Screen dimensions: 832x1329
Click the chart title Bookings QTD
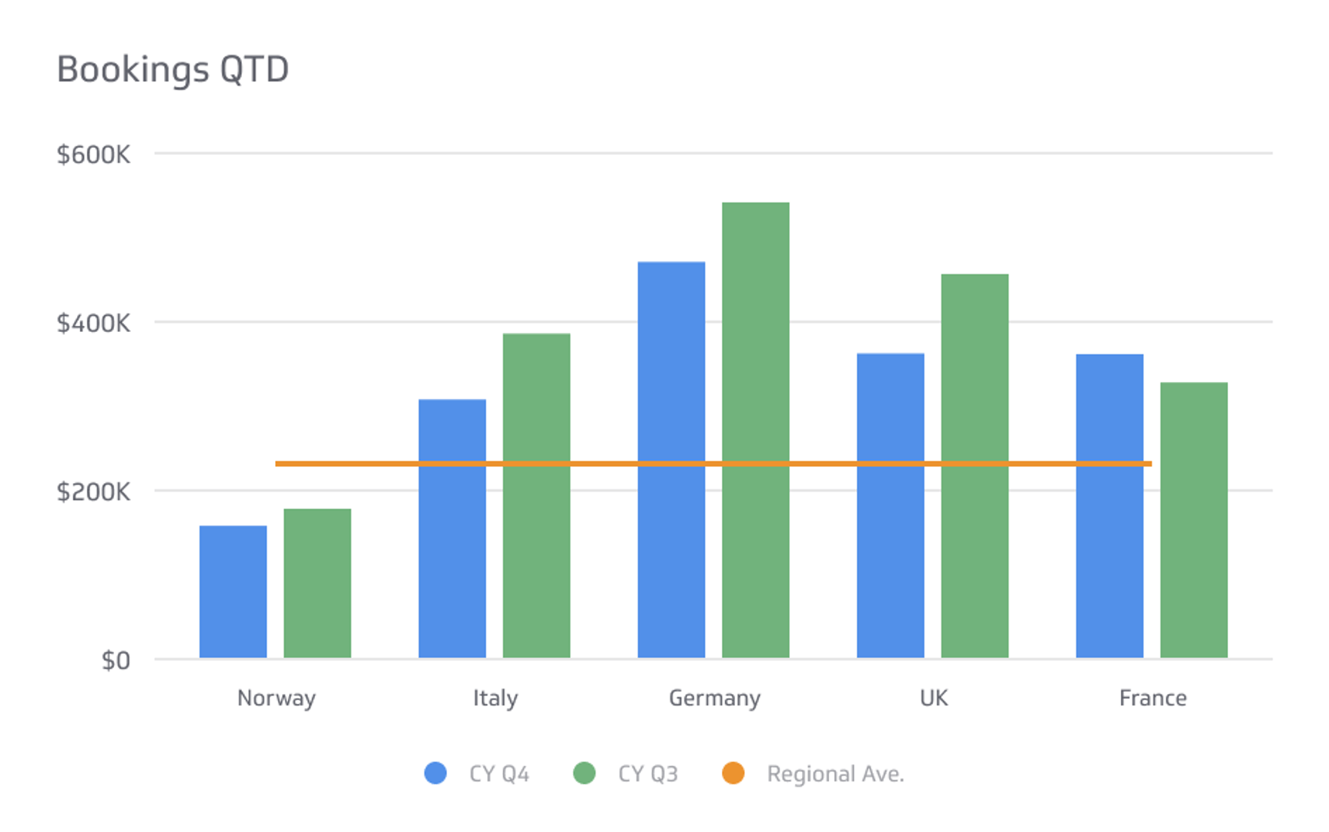(x=173, y=69)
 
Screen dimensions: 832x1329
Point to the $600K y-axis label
(x=93, y=155)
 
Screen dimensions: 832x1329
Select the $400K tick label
(x=93, y=323)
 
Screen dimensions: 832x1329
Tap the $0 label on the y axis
(x=116, y=660)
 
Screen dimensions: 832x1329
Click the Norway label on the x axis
(x=277, y=698)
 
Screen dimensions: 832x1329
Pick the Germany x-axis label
(x=714, y=698)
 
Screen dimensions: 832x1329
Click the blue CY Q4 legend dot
(x=435, y=773)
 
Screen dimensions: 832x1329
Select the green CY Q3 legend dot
(x=584, y=773)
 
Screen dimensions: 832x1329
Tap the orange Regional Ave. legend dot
(x=733, y=773)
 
